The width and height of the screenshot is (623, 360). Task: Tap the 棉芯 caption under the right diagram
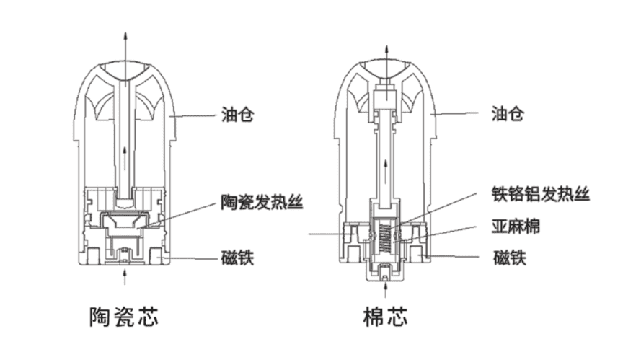click(x=385, y=316)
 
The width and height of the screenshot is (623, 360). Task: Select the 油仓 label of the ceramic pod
click(x=237, y=114)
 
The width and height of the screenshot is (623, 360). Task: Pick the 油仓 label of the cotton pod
click(x=507, y=114)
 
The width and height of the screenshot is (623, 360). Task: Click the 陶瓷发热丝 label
click(x=261, y=201)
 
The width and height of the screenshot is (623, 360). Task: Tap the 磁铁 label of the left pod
click(x=237, y=258)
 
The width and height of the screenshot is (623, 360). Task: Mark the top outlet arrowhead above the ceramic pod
click(x=127, y=35)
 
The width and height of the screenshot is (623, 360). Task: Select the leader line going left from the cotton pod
click(x=328, y=233)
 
